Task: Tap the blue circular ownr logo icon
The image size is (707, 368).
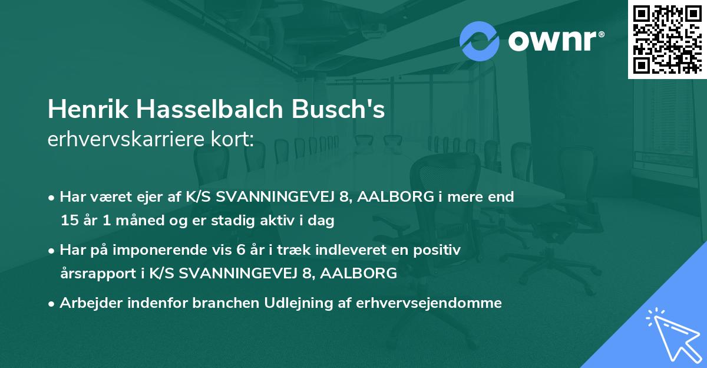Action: [479, 41]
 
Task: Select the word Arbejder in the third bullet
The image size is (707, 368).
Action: [87, 303]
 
